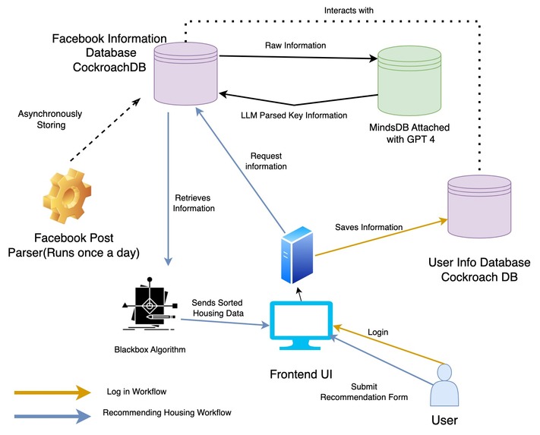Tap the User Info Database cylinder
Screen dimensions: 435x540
tap(478, 206)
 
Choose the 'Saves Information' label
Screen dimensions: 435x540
tap(368, 227)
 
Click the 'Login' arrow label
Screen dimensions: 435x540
tap(377, 332)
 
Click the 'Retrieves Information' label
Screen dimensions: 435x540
tap(188, 203)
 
